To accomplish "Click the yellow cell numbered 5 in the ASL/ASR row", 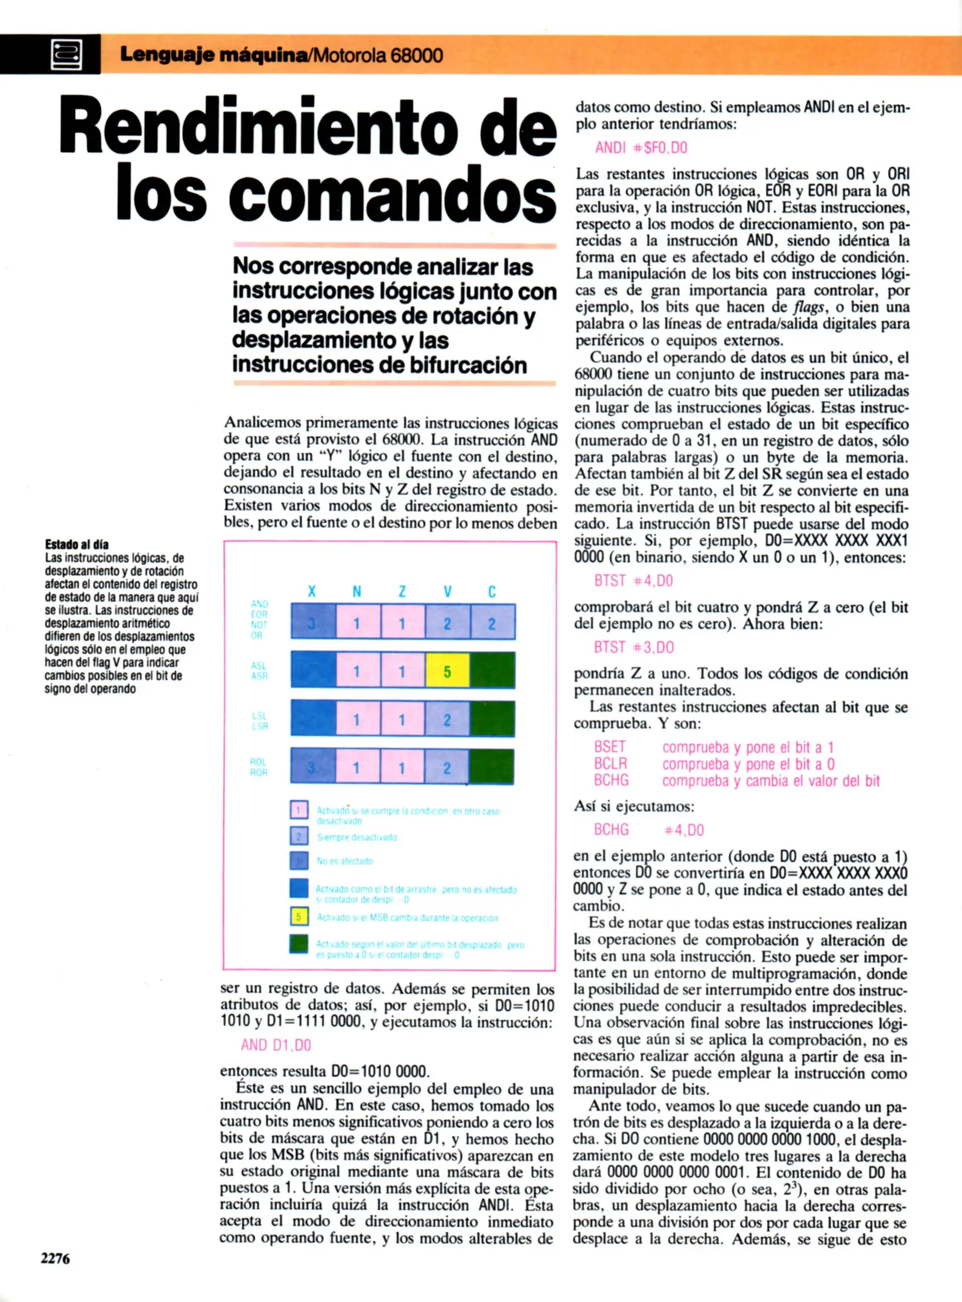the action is [x=447, y=670].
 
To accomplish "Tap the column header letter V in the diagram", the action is [x=448, y=592].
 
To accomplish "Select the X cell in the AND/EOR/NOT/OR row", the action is [x=312, y=622].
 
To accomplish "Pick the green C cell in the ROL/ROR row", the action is [x=492, y=767].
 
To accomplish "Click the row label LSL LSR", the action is [x=260, y=721].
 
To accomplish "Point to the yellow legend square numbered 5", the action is [x=299, y=917].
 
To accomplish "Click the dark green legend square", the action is [x=299, y=944].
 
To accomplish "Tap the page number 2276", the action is [x=55, y=1259].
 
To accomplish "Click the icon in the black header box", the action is [x=66, y=55].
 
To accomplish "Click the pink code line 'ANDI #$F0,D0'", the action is [x=641, y=148].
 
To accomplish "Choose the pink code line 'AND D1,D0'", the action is [x=276, y=1045].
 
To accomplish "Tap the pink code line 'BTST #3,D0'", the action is [x=634, y=647].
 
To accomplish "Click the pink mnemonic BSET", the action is [x=610, y=747].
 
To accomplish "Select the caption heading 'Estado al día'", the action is [x=77, y=544].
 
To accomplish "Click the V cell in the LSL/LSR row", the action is [x=447, y=719].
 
